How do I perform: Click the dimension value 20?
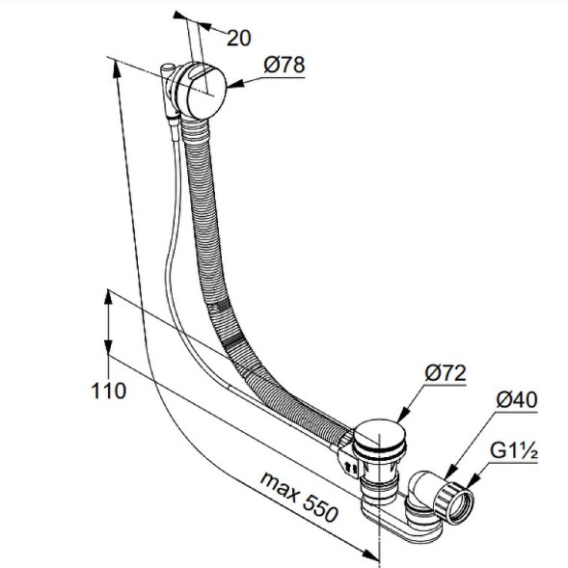(x=239, y=38)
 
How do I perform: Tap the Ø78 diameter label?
(x=284, y=66)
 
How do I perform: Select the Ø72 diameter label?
(x=445, y=373)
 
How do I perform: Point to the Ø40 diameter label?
(x=517, y=400)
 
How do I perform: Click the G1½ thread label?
(x=514, y=451)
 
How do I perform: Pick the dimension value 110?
(x=108, y=392)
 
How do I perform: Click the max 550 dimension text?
(x=299, y=497)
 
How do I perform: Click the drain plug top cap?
(x=379, y=433)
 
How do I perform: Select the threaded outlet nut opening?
(x=461, y=507)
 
